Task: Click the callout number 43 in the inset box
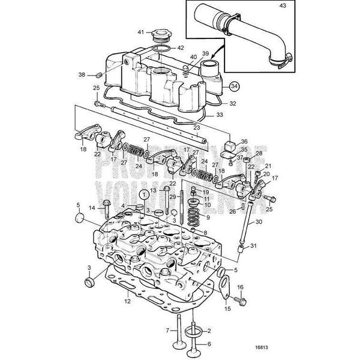pyautogui.click(x=284, y=7)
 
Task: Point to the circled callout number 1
pyautogui.click(x=144, y=194)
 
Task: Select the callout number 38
pyautogui.click(x=98, y=76)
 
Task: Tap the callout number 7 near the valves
pyautogui.click(x=167, y=329)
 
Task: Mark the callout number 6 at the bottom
pyautogui.click(x=209, y=344)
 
